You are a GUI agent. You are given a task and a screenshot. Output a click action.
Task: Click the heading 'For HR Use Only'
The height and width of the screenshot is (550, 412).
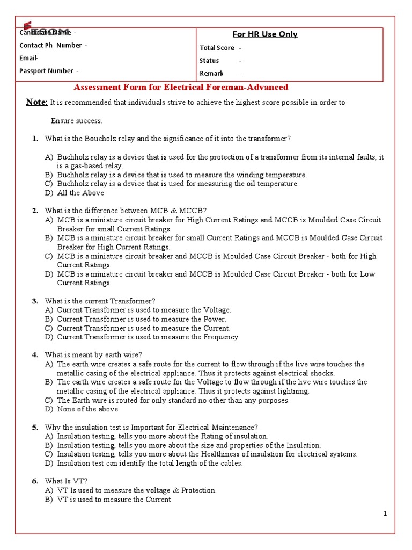pyautogui.click(x=264, y=34)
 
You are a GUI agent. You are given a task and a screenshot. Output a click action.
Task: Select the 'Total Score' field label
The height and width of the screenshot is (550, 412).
pyautogui.click(x=217, y=48)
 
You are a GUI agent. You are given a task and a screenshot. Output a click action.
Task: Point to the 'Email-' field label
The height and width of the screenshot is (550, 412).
pyautogui.click(x=29, y=58)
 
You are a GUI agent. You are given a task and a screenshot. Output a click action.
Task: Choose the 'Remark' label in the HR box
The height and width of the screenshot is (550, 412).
pyautogui.click(x=211, y=74)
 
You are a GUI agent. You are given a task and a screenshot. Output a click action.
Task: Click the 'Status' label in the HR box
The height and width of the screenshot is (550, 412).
pyautogui.click(x=209, y=61)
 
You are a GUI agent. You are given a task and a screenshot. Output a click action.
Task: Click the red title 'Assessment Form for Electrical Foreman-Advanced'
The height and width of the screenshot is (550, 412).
pyautogui.click(x=181, y=87)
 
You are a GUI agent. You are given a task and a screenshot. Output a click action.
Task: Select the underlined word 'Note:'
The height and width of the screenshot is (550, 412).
pyautogui.click(x=37, y=103)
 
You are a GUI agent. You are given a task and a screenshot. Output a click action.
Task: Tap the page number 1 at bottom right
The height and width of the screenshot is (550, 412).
pyautogui.click(x=385, y=514)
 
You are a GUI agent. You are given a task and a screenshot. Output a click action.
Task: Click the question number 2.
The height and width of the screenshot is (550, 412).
pyautogui.click(x=35, y=211)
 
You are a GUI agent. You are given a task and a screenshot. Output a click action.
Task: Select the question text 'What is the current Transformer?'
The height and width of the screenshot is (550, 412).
pyautogui.click(x=100, y=301)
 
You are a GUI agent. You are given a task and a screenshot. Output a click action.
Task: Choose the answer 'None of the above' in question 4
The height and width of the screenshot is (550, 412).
pyautogui.click(x=87, y=409)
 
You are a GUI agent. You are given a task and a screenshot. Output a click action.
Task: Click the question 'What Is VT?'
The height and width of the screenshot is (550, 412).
pyautogui.click(x=67, y=481)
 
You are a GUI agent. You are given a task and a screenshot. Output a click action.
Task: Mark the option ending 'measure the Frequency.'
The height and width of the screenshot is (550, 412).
pyautogui.click(x=148, y=337)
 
